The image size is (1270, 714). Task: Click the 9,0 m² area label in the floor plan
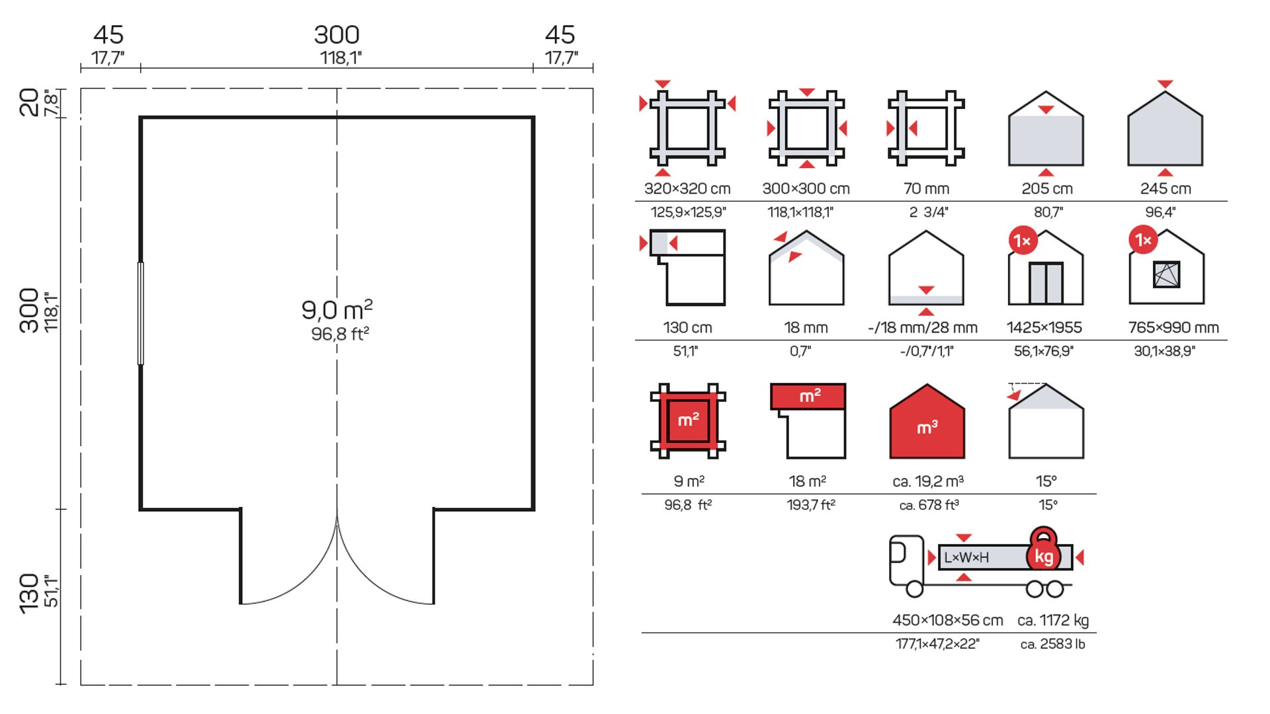(337, 309)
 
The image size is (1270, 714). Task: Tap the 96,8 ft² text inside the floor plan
(340, 334)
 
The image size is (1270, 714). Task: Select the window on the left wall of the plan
(140, 313)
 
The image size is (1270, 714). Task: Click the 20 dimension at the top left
(29, 102)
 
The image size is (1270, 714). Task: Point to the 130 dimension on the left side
(29, 593)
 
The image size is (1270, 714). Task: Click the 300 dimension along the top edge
(337, 34)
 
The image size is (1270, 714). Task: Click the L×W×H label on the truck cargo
(966, 557)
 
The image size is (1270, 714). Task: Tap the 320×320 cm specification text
(687, 188)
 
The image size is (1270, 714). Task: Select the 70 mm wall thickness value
(926, 188)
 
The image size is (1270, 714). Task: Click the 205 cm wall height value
(1047, 188)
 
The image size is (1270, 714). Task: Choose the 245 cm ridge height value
(1165, 188)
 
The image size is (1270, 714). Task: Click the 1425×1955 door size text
(1044, 327)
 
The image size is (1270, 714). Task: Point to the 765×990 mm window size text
(1173, 327)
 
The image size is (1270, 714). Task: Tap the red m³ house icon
(927, 423)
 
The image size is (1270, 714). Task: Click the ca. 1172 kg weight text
(1053, 620)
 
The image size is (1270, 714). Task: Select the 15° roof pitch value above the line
(1046, 481)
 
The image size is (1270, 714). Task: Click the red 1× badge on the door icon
(1023, 241)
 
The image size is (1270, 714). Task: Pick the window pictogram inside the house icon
(1166, 274)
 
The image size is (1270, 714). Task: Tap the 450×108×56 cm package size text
(947, 620)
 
